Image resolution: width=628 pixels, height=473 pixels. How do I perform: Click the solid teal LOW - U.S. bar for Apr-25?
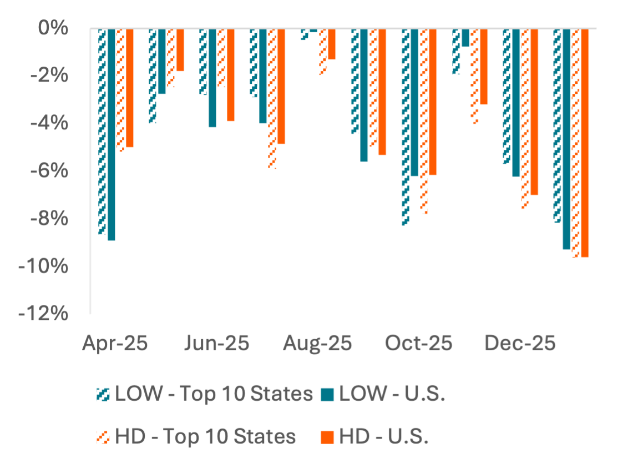coord(112,135)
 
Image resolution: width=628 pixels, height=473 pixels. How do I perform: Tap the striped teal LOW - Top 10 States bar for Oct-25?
coord(406,128)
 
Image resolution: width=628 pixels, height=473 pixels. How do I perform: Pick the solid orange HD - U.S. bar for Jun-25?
coord(231,76)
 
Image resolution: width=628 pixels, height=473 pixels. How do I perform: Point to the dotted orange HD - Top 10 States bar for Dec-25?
coord(525,119)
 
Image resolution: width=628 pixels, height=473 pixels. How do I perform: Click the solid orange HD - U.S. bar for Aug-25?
coord(332,44)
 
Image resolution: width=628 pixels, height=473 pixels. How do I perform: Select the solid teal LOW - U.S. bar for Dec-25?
coord(516,103)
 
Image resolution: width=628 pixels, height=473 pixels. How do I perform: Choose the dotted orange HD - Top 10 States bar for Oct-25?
coord(424,122)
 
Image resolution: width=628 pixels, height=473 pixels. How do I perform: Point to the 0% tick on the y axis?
coord(53,28)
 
